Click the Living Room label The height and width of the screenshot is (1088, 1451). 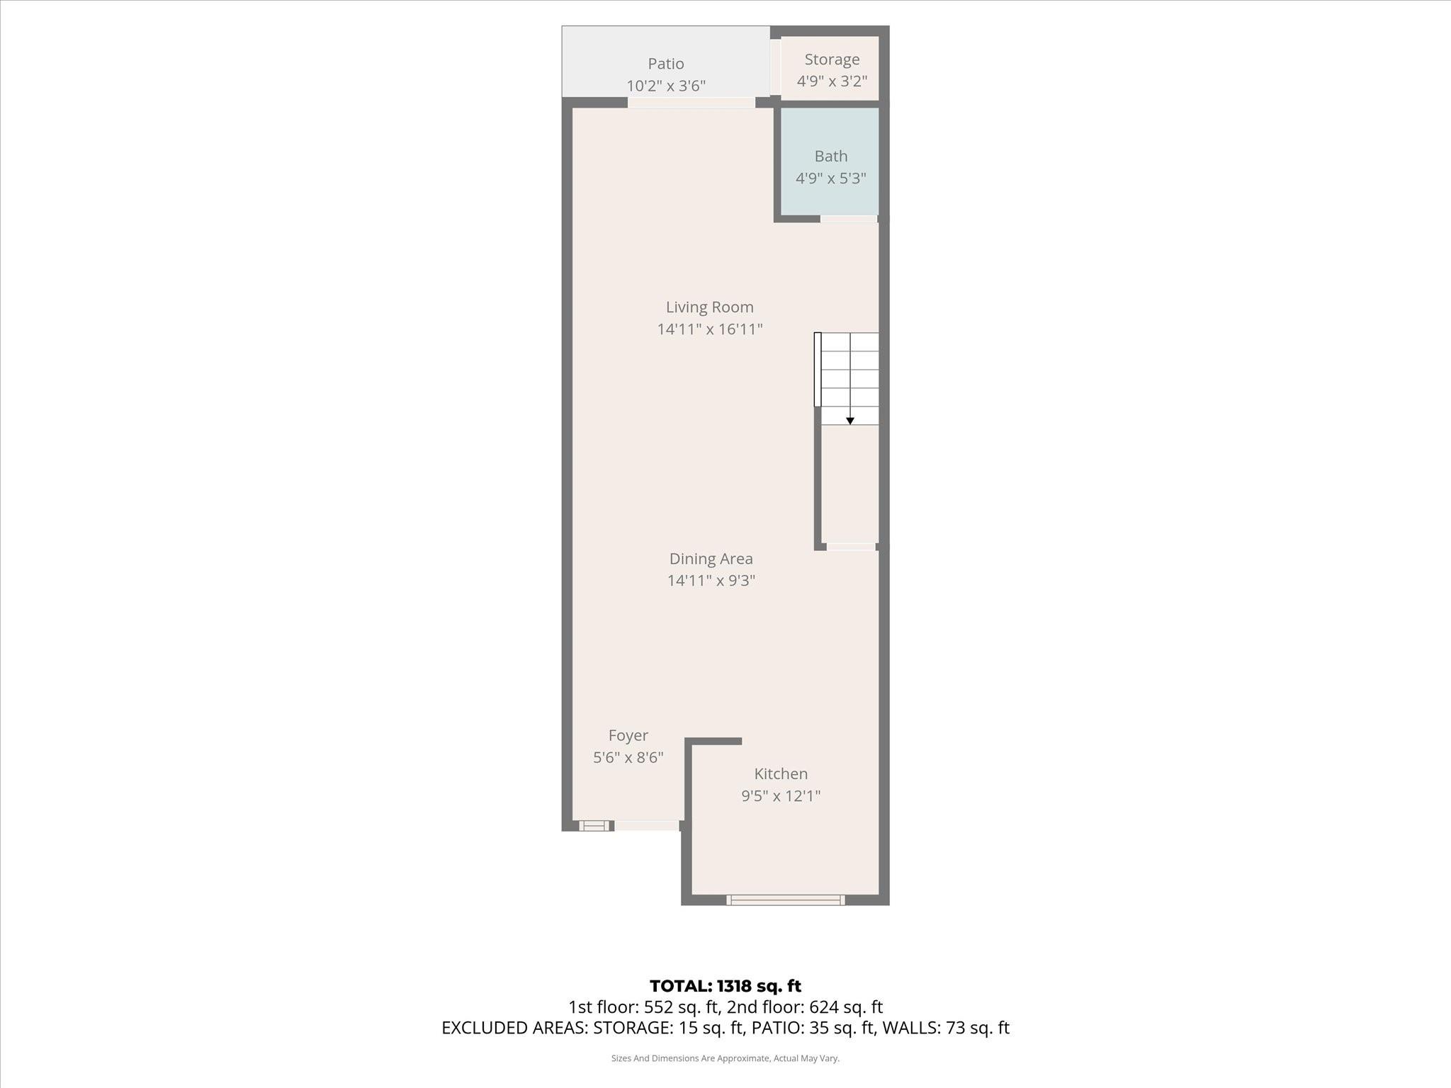pos(709,307)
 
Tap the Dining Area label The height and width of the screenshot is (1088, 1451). pos(711,558)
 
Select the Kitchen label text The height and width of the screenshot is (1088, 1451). pos(781,773)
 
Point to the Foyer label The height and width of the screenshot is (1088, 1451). pos(628,735)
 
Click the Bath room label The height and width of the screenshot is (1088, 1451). pos(830,156)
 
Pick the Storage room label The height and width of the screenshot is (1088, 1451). pos(832,59)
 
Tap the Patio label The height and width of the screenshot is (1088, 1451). pos(665,64)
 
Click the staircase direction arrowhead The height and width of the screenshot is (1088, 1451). pos(850,421)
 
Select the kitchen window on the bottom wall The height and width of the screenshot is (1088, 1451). pos(785,900)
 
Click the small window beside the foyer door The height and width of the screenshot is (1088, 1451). pos(594,825)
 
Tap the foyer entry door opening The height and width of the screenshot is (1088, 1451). pos(646,825)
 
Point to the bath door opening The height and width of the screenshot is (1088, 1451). pos(849,219)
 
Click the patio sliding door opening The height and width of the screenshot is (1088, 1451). pos(691,103)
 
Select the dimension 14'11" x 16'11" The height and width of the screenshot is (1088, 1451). pos(709,329)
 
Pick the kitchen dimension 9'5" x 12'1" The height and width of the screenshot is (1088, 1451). pos(781,795)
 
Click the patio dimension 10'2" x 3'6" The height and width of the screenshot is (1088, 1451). pos(665,86)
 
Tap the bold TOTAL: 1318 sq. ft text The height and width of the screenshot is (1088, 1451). pos(725,986)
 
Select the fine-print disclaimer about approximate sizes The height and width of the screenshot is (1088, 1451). pos(725,1058)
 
